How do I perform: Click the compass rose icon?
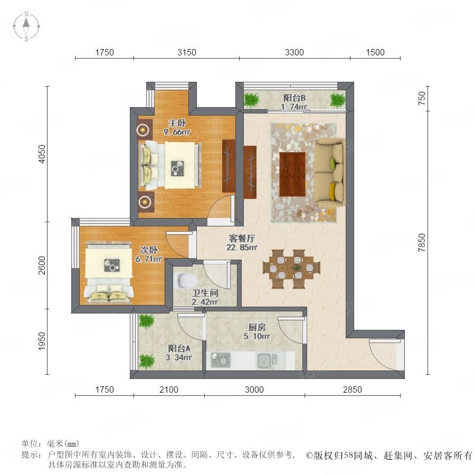(x=26, y=26)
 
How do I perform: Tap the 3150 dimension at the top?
(x=187, y=52)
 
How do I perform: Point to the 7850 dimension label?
(x=422, y=243)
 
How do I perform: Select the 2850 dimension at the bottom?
(x=353, y=389)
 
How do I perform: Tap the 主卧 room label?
(x=177, y=123)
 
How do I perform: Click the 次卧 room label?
(x=149, y=250)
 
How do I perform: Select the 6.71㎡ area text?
(x=148, y=259)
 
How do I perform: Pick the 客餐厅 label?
(x=242, y=239)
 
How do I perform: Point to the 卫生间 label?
(x=205, y=293)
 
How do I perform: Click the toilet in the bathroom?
(x=185, y=281)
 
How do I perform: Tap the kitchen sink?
(x=267, y=360)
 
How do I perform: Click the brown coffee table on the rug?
(x=292, y=174)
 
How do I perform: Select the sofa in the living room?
(x=329, y=173)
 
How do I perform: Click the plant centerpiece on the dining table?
(x=297, y=268)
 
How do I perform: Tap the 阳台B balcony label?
(x=294, y=98)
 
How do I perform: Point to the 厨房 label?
(x=257, y=327)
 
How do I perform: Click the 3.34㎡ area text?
(x=179, y=357)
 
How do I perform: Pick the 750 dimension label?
(x=422, y=98)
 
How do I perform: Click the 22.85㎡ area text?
(x=242, y=247)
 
